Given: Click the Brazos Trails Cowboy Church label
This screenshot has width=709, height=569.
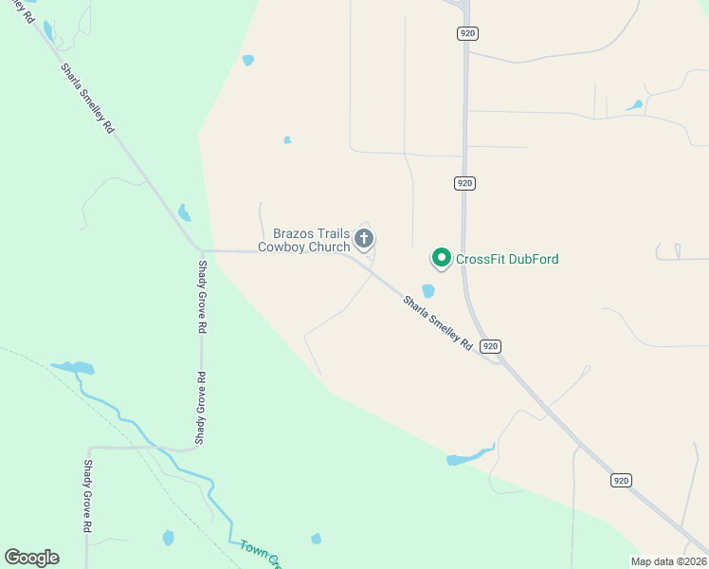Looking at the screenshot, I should coord(304,240).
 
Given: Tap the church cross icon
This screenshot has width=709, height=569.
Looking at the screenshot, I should coord(364,238).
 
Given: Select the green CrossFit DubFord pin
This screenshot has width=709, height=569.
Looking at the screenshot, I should coord(441,257).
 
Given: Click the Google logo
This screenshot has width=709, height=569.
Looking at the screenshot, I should coord(31,558).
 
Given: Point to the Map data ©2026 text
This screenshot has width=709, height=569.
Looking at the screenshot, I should coord(668,561).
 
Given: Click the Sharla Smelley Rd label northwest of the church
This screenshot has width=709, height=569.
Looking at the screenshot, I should coord(87,98).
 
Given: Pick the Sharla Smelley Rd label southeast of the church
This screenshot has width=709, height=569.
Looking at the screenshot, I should coord(437,323).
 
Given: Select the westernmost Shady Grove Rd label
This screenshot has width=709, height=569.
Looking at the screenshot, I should coord(87,495).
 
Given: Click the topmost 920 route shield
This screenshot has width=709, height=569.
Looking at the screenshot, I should coord(466,33).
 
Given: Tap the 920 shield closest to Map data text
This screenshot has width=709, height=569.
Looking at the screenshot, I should coord(621,481).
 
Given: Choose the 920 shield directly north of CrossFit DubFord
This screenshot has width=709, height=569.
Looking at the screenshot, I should coord(464,183).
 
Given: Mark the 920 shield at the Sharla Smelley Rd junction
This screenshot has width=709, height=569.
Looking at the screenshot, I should coord(490,346).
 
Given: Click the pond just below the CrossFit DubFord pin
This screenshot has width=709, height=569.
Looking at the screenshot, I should coord(428,291).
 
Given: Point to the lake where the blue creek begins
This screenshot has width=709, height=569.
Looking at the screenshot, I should coord(73,367).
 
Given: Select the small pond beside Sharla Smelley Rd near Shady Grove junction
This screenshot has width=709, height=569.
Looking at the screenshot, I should coord(184,213).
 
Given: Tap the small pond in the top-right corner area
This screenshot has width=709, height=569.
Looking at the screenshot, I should coord(634,105).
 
